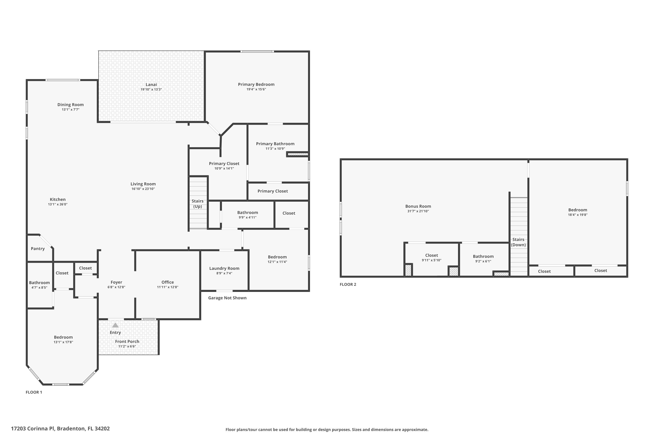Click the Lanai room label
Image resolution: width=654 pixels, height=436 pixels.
coord(151,85)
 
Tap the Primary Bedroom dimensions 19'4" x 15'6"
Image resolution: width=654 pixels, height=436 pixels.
coord(256,89)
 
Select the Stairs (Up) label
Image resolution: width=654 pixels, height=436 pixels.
coord(198,204)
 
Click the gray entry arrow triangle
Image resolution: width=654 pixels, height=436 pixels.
coord(115,325)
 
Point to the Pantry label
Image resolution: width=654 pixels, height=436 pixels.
coord(38,249)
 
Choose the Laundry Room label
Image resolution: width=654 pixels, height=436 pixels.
coord(224,268)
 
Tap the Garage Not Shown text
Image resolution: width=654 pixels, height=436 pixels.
coord(227,298)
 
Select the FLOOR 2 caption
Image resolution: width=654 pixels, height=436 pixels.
coord(348,284)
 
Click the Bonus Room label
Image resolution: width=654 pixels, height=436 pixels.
coord(418,206)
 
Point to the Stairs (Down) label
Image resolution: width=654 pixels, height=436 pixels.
coord(518,242)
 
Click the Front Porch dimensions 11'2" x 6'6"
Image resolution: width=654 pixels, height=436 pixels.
coord(127,346)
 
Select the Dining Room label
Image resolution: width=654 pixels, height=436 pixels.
coord(70,105)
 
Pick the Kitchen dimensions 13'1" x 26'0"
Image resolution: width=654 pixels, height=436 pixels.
coord(58,204)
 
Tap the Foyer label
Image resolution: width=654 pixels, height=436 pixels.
coord(116,282)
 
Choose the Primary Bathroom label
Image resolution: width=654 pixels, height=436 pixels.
coord(275,144)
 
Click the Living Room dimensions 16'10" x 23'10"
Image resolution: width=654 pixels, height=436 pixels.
coord(143,189)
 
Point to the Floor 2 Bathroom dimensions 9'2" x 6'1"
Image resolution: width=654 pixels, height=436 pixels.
coord(483,261)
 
